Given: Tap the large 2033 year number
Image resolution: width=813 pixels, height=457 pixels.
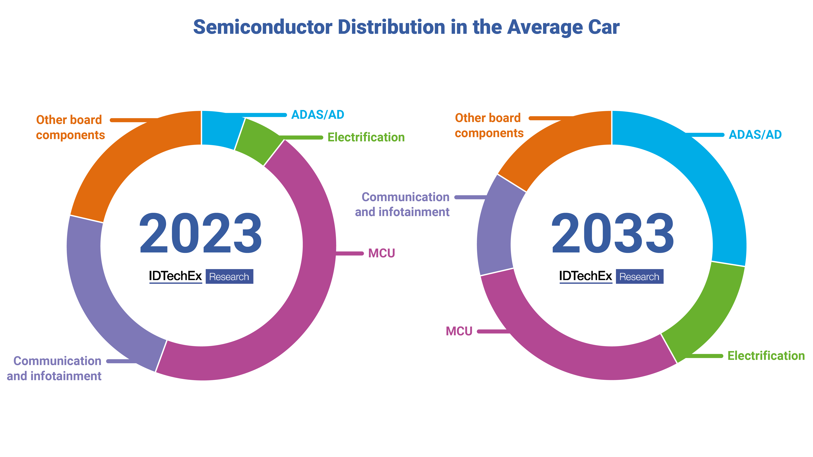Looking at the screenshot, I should tap(612, 233).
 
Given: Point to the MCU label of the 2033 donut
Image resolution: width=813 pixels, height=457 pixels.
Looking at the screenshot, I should tap(459, 331).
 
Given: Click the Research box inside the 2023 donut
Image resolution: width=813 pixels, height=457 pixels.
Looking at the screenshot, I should tap(229, 277).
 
